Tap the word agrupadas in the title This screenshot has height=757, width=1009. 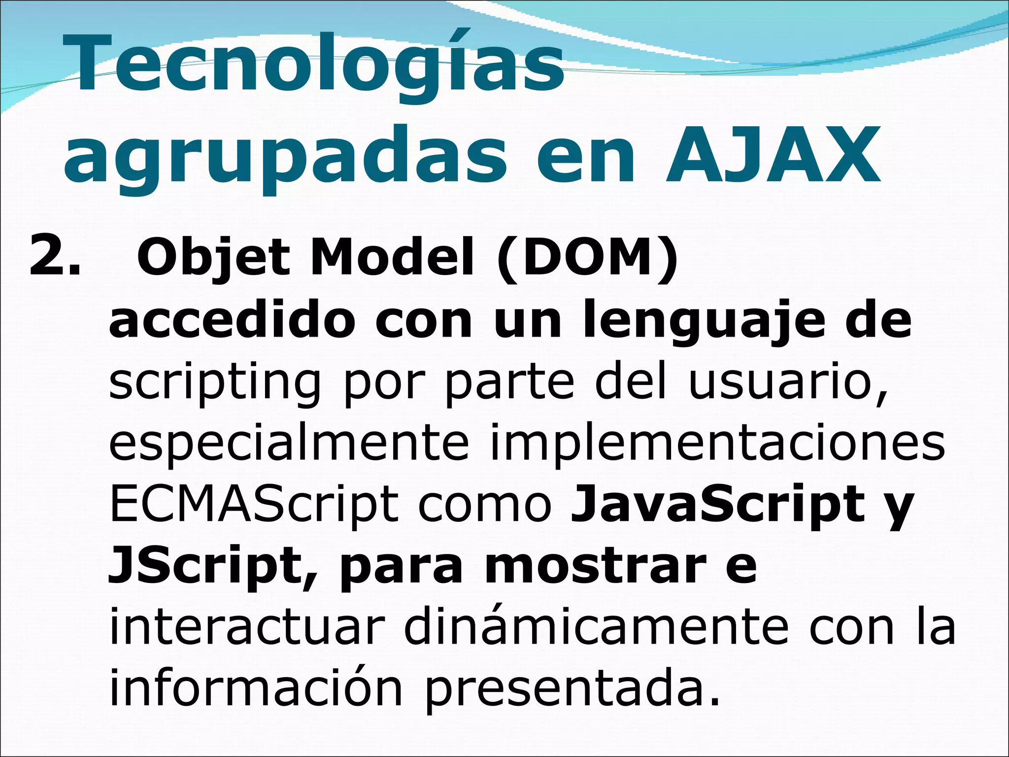coord(285,155)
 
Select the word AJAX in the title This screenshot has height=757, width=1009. coord(773,155)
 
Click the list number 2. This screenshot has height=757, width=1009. coord(54,256)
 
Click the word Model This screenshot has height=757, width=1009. coord(392,258)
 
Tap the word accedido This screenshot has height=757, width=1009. coord(232,321)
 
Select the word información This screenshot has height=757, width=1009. coord(256,688)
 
